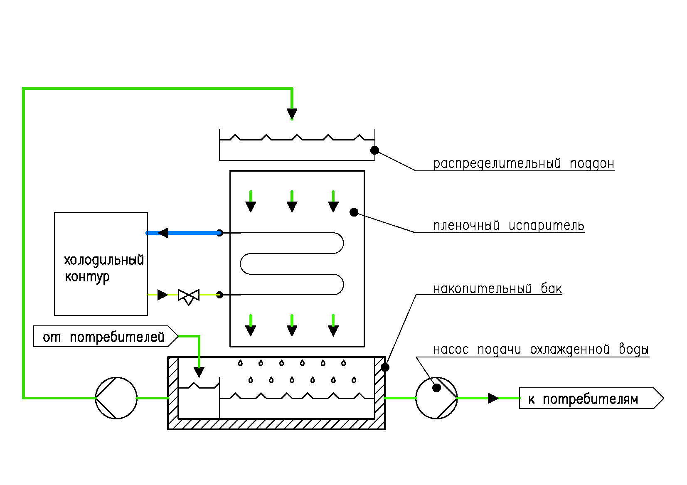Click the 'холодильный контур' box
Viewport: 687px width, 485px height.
click(101, 264)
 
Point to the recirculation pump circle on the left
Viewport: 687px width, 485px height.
click(116, 398)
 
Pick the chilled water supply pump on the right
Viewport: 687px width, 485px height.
click(436, 398)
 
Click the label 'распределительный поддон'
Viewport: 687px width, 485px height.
click(524, 163)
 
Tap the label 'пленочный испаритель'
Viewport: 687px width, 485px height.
click(509, 225)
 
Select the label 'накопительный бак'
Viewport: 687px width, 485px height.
click(497, 288)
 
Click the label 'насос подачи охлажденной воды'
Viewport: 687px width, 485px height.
click(541, 350)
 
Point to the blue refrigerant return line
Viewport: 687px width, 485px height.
click(191, 233)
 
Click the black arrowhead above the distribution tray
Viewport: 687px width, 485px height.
click(292, 113)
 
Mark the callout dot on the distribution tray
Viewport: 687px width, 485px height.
click(374, 150)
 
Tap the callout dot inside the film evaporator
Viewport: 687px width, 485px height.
click(354, 212)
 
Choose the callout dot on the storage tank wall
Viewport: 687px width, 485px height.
click(385, 367)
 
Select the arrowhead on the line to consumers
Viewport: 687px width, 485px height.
click(493, 398)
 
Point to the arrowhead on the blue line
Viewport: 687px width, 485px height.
click(163, 233)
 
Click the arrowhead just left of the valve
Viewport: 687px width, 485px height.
click(163, 295)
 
